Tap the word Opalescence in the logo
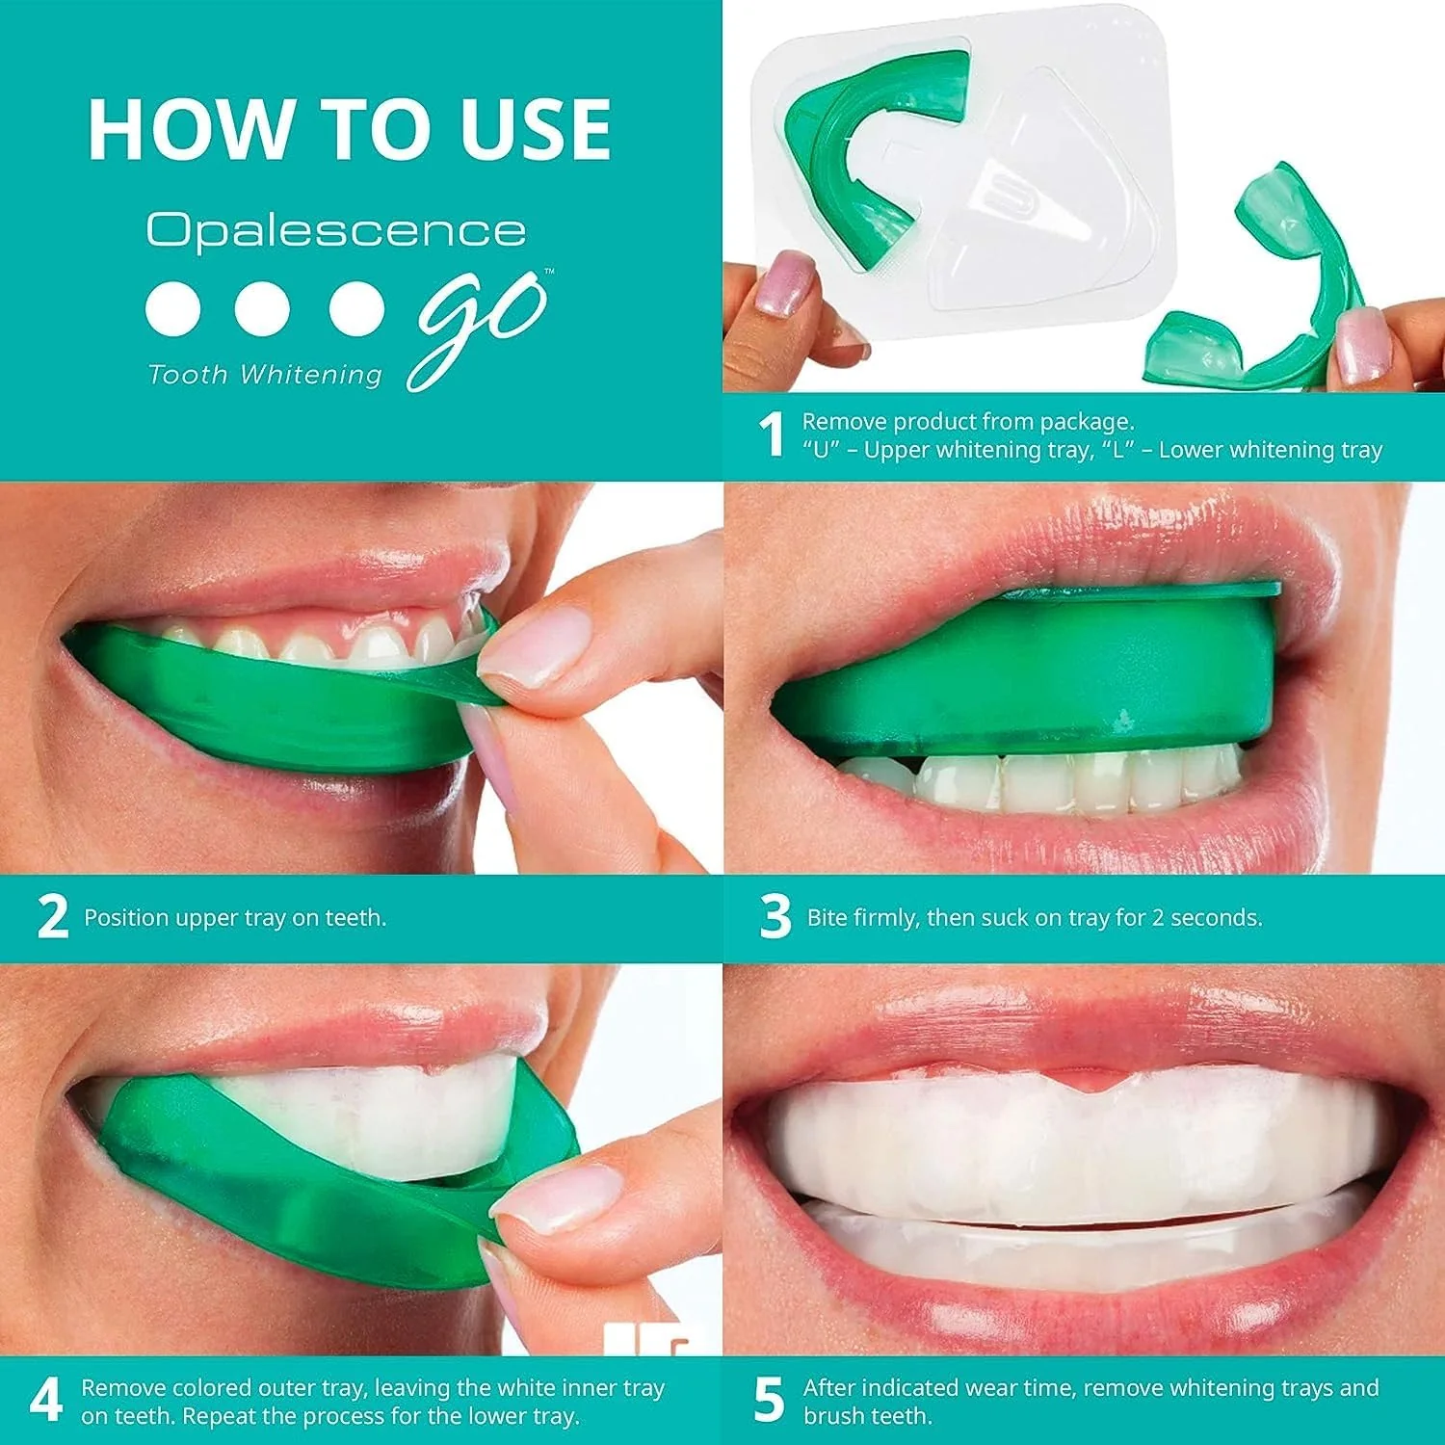[x=335, y=231]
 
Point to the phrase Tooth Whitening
[x=265, y=375]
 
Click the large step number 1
[x=772, y=435]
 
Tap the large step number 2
[x=53, y=917]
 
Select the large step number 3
[x=775, y=917]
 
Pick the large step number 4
[x=46, y=1401]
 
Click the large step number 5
[x=769, y=1401]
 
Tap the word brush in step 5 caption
[x=833, y=1416]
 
